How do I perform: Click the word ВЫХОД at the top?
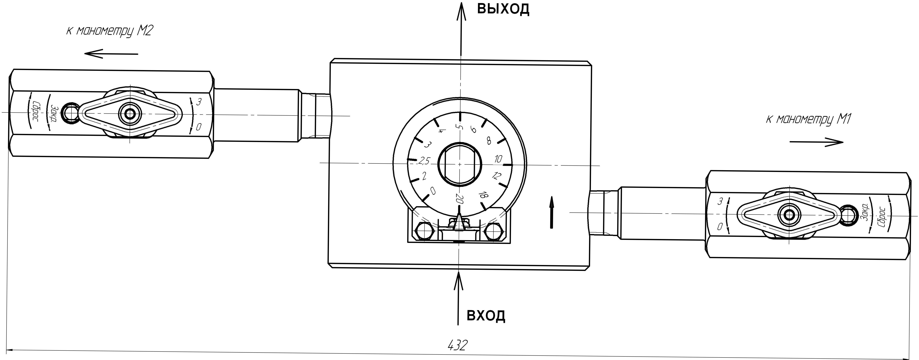[503, 10]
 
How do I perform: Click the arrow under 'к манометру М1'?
[816, 142]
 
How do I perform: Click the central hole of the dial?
[460, 164]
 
